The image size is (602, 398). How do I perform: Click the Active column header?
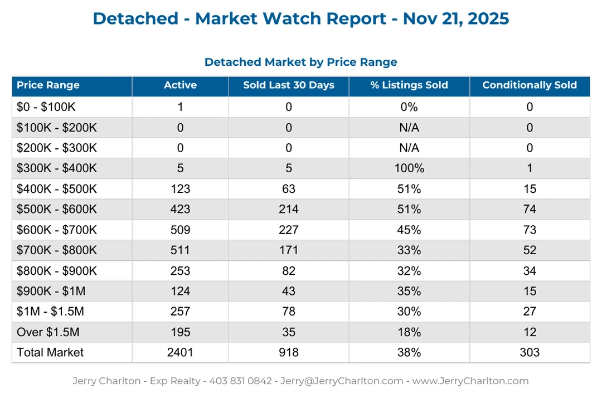(x=180, y=85)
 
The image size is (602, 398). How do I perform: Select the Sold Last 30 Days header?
(x=289, y=85)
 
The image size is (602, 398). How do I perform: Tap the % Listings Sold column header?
(x=409, y=85)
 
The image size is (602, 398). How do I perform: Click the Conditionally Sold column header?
(x=530, y=85)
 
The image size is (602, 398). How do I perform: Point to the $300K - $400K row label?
(x=57, y=168)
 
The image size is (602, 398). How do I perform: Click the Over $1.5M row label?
(x=48, y=332)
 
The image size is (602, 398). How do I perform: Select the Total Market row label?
(x=50, y=352)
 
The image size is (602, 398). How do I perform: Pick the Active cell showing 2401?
(x=180, y=352)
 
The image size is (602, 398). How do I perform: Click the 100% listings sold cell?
(x=409, y=168)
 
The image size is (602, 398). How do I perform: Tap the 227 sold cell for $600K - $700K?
(x=289, y=230)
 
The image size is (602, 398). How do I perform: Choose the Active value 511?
(x=180, y=250)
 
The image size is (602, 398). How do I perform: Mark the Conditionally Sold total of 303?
(x=530, y=352)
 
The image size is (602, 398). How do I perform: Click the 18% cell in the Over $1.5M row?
(x=409, y=332)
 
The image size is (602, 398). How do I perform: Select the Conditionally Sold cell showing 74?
(x=530, y=210)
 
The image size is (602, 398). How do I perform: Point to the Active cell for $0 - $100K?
(x=180, y=107)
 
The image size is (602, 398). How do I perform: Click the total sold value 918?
(x=289, y=352)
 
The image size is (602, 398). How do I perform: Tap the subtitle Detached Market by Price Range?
(x=300, y=62)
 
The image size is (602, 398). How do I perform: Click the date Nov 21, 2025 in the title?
(x=455, y=18)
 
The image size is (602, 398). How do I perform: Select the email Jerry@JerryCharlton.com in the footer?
(x=341, y=381)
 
